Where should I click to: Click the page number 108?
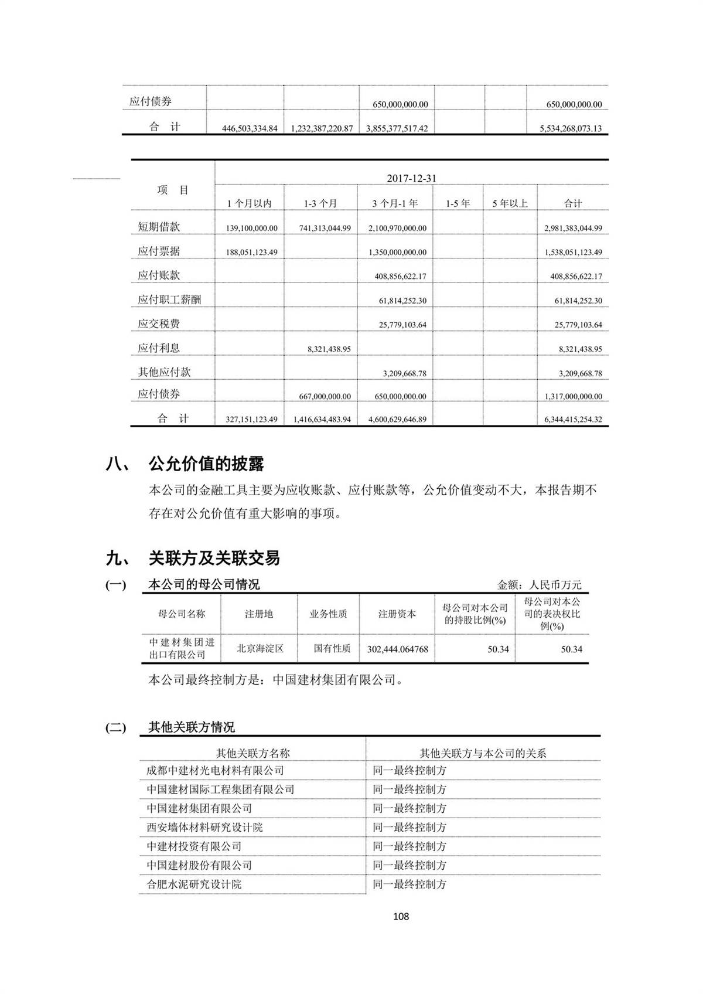tap(401, 916)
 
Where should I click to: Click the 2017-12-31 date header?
tap(411, 178)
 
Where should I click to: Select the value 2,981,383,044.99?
tap(572, 228)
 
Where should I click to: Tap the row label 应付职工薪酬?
tap(169, 299)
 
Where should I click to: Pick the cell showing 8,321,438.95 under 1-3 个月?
tap(329, 349)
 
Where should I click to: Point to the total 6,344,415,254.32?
tap(572, 420)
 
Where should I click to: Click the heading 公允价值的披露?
tap(206, 464)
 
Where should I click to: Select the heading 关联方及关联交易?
tap(214, 558)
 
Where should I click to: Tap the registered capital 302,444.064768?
tap(397, 649)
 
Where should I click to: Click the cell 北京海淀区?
tap(260, 649)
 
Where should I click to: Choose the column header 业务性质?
tap(328, 614)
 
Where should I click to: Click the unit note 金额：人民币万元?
tap(540, 585)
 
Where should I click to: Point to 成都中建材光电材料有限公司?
tap(215, 771)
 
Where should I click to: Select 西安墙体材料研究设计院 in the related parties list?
tap(204, 828)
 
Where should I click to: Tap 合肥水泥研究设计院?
tap(194, 884)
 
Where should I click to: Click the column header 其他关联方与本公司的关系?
tap(483, 753)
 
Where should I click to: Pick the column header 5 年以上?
tap(510, 203)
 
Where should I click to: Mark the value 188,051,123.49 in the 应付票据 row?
tap(251, 252)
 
